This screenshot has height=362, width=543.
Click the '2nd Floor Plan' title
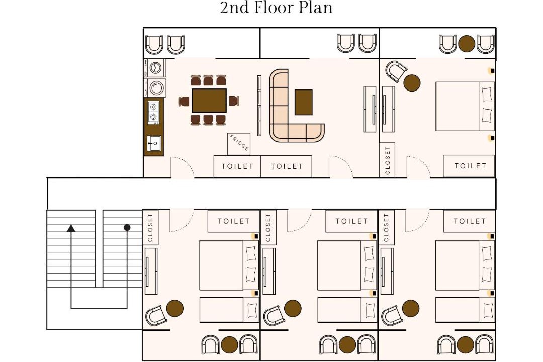(x=276, y=8)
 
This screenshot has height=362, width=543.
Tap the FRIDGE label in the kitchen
(x=239, y=143)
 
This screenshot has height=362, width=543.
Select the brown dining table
(x=209, y=101)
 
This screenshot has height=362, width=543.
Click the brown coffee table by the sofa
(x=303, y=102)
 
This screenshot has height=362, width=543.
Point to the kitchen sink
(x=154, y=143)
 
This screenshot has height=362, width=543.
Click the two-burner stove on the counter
(x=154, y=112)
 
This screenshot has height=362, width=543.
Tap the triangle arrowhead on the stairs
(x=71, y=228)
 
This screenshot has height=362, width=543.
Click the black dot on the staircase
(x=127, y=228)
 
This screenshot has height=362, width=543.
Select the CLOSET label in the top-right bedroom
(x=388, y=160)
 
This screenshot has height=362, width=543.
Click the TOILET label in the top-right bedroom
(x=470, y=166)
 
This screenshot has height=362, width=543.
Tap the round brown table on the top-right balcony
(x=467, y=44)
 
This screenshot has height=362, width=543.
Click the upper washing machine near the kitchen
(x=155, y=67)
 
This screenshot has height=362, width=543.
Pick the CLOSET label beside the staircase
(x=150, y=228)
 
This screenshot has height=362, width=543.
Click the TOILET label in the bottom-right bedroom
(x=470, y=221)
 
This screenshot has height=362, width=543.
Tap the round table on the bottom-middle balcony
(x=347, y=345)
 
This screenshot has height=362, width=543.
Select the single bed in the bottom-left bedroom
(x=229, y=310)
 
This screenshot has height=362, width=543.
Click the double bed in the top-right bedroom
(x=465, y=107)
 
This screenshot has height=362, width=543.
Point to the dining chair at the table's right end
(x=234, y=101)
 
